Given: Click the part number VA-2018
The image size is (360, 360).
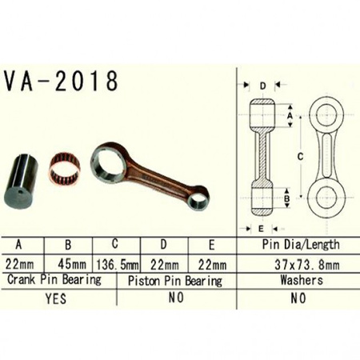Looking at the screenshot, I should coord(62,82).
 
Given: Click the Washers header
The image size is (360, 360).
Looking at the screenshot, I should coord(301,281).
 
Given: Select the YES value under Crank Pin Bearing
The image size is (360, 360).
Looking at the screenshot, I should coord(57,298).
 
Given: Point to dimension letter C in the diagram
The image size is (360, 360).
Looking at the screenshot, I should coord(298,158).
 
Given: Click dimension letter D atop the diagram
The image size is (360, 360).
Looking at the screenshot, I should coord(262,85).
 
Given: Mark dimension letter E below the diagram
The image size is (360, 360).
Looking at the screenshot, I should coord(262,228).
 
